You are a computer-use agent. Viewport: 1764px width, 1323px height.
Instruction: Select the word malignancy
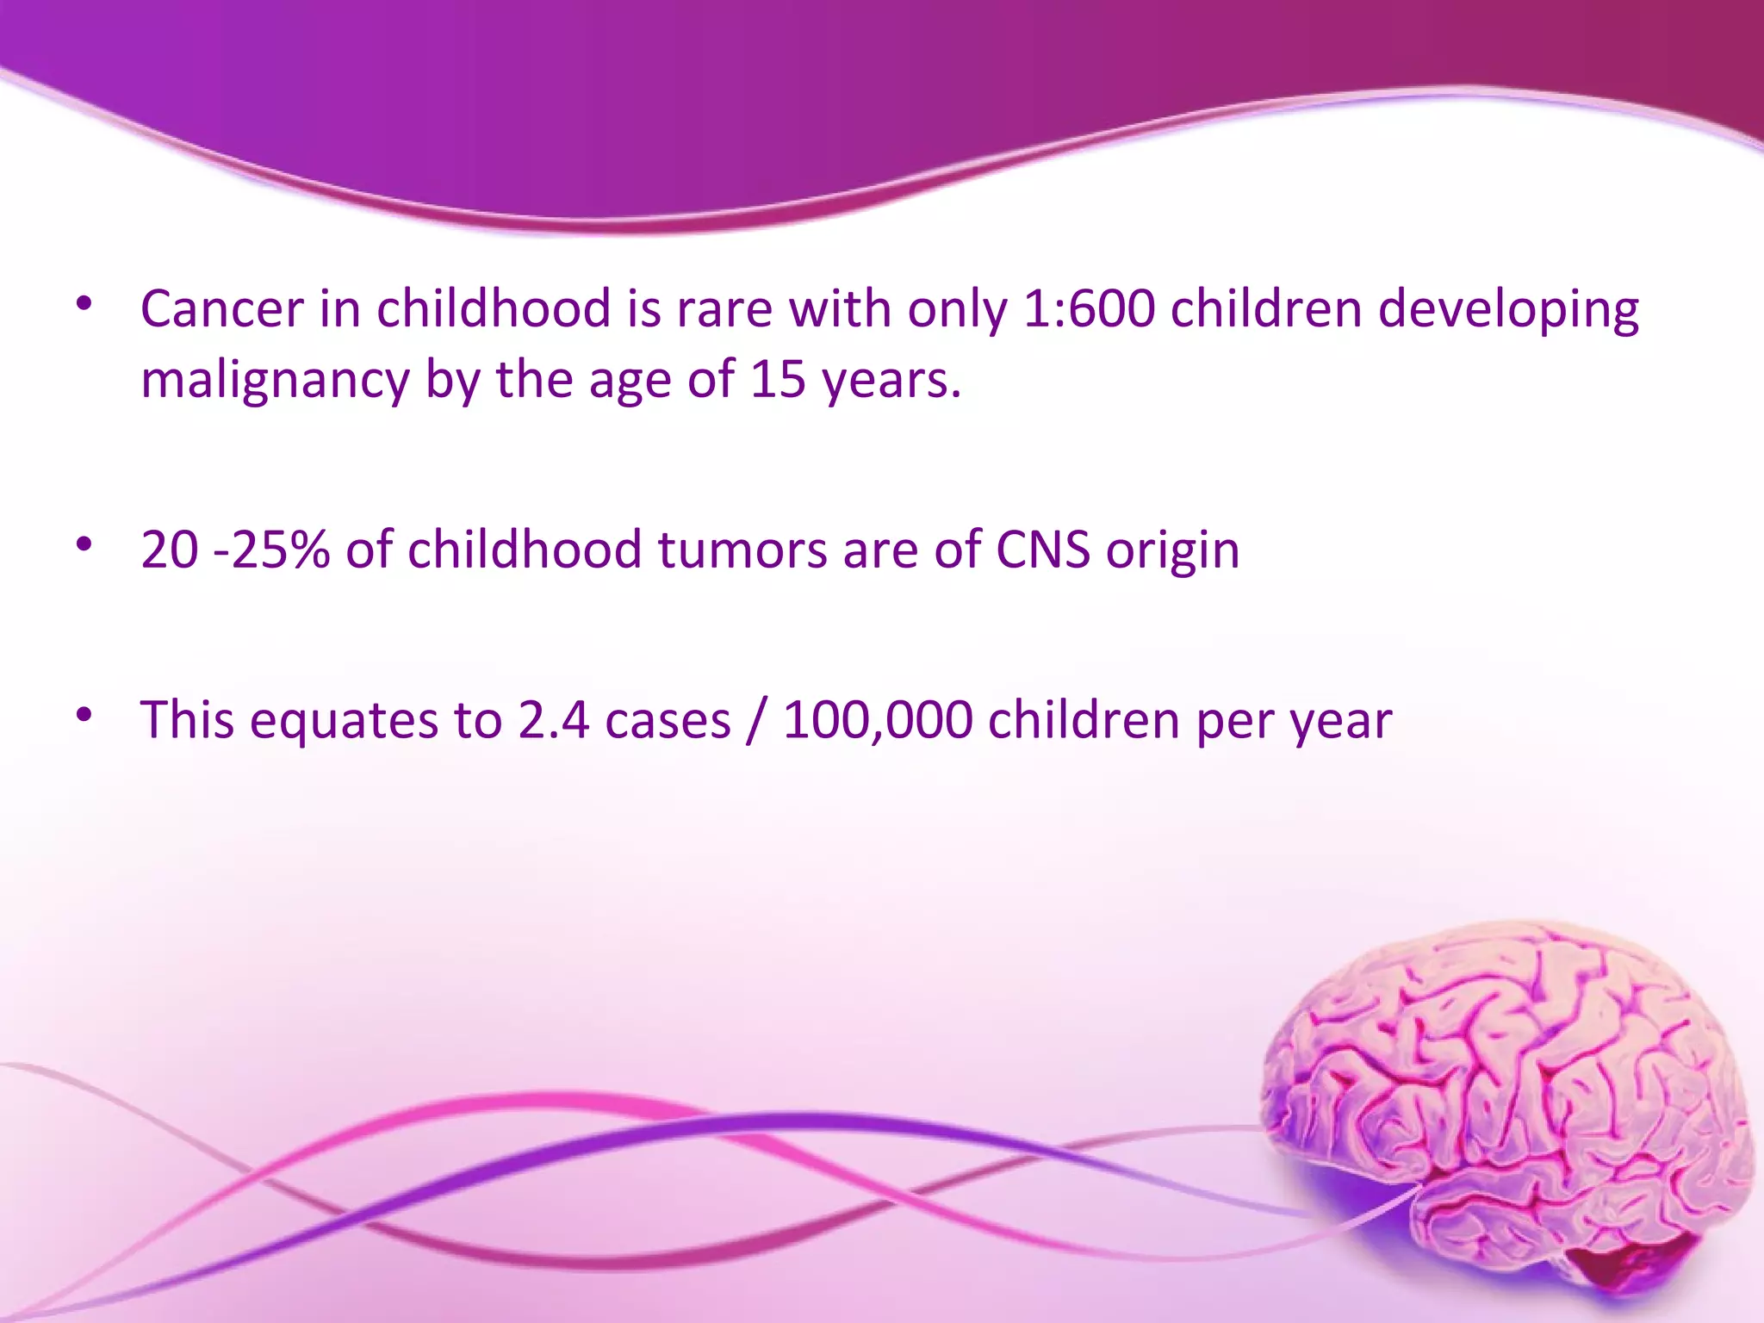(275, 381)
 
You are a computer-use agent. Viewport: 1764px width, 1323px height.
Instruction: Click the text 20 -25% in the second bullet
(234, 550)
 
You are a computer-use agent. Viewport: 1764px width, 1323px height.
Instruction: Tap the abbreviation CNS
(1043, 550)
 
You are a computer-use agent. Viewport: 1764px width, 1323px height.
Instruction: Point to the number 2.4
(553, 720)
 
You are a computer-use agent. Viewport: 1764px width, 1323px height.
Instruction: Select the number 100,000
(878, 720)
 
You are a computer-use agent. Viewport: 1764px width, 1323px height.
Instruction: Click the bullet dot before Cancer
(84, 303)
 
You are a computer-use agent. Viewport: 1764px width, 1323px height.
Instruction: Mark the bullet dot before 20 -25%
(84, 544)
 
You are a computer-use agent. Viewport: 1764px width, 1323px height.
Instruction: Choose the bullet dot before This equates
(84, 715)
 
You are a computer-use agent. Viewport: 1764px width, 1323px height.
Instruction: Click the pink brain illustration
(1507, 1111)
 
